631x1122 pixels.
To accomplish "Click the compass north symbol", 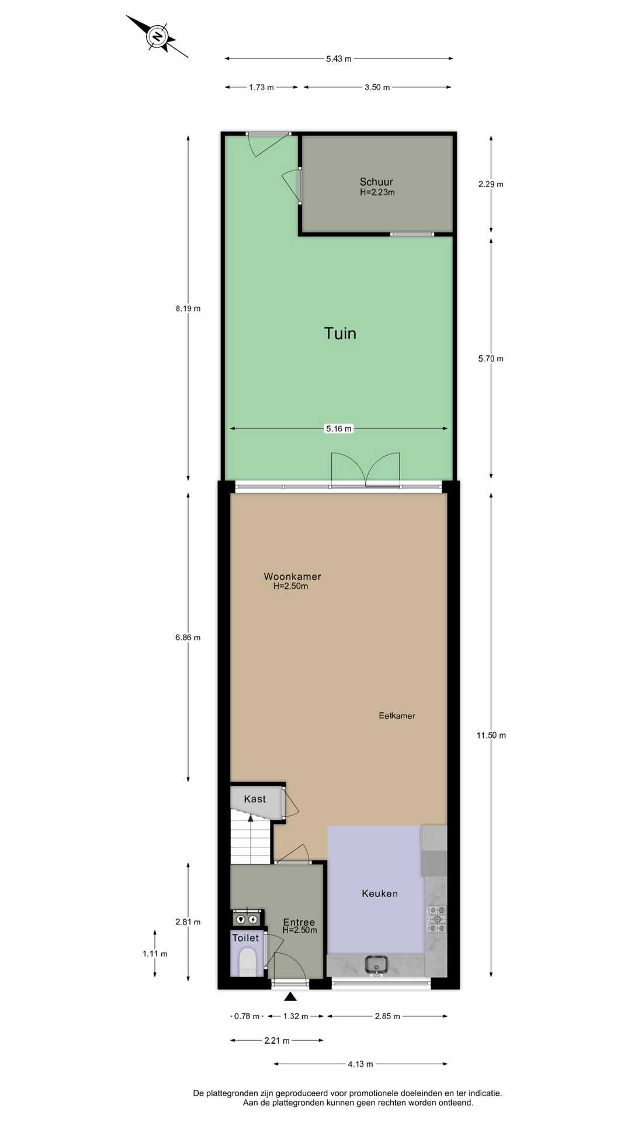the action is pyautogui.click(x=157, y=36).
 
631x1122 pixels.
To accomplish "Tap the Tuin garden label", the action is pyautogui.click(x=340, y=333).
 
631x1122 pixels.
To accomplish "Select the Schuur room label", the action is pyautogui.click(x=376, y=182).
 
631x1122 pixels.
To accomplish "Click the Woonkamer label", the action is pyautogui.click(x=292, y=577).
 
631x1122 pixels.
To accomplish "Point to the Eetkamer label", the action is pyautogui.click(x=397, y=715).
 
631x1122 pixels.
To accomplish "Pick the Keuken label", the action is pyautogui.click(x=380, y=894).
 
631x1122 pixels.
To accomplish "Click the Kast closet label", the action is pyautogui.click(x=255, y=799).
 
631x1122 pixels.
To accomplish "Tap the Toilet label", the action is pyautogui.click(x=245, y=938).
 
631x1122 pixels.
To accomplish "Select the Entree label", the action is pyautogui.click(x=299, y=922).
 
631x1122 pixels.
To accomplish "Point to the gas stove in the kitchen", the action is pyautogui.click(x=436, y=919).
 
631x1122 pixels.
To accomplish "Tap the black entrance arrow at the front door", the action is pyautogui.click(x=290, y=996).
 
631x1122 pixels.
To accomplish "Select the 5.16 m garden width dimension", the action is pyautogui.click(x=339, y=428).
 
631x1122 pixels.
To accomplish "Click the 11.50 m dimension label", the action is pyautogui.click(x=491, y=735).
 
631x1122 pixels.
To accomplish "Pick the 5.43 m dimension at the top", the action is pyautogui.click(x=339, y=58).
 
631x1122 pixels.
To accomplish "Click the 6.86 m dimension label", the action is pyautogui.click(x=188, y=638).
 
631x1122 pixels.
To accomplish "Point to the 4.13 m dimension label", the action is pyautogui.click(x=360, y=1064).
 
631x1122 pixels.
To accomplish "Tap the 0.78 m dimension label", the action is pyautogui.click(x=247, y=1016).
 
